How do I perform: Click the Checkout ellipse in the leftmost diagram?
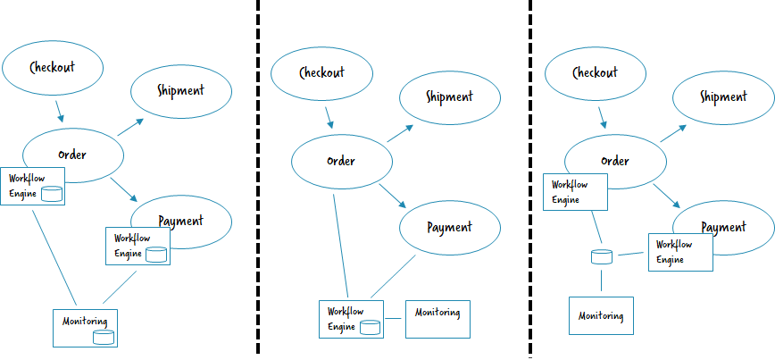click(53, 68)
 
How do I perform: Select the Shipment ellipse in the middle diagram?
click(449, 97)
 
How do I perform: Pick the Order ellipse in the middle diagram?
click(341, 162)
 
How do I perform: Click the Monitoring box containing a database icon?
click(86, 327)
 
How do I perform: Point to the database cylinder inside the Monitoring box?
click(104, 337)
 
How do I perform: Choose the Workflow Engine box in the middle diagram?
click(350, 319)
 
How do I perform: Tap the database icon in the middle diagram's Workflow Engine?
click(371, 327)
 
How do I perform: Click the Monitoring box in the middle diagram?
click(437, 319)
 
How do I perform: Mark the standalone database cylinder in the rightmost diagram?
click(601, 257)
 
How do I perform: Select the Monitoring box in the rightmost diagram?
click(601, 316)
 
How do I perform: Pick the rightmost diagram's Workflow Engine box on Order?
click(575, 192)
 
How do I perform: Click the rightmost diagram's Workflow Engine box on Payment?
click(679, 251)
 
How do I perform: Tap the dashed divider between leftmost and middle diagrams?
click(258, 179)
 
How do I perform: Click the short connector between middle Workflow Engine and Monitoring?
click(394, 320)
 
